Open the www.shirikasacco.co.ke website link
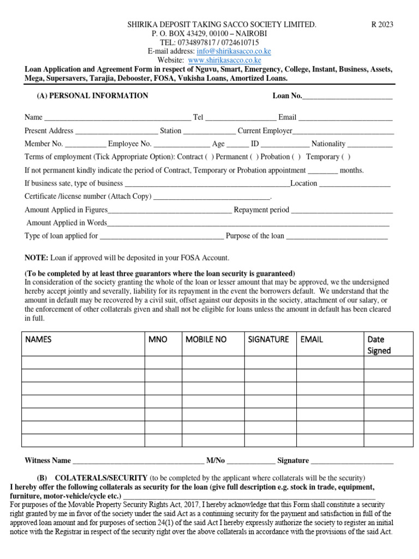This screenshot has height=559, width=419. click(225, 60)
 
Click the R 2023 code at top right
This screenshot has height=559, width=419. click(382, 25)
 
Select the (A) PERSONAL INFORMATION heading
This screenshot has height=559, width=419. click(92, 96)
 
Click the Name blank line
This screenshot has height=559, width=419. click(117, 117)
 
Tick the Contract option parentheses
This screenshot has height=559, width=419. click(209, 157)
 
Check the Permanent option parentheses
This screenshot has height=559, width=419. click(254, 157)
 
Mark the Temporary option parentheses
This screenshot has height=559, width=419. click(346, 157)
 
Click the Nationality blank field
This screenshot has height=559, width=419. click(370, 144)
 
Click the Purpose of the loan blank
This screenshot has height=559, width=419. click(337, 236)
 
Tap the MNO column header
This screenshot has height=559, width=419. click(158, 340)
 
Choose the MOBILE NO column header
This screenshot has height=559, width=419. click(206, 340)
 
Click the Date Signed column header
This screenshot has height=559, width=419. click(379, 345)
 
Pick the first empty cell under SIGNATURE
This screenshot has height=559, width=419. click(270, 362)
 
